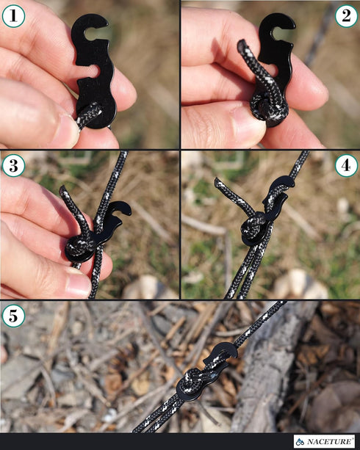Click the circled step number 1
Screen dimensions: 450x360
[x=14, y=15]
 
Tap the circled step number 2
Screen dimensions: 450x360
[x=346, y=15]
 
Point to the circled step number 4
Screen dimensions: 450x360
[x=346, y=166]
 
